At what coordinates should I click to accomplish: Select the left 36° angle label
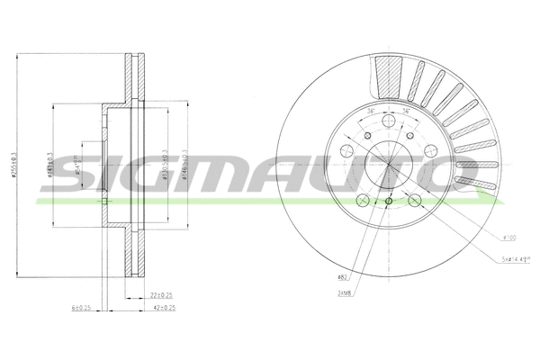click(x=371, y=112)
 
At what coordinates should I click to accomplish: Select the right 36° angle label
click(x=407, y=112)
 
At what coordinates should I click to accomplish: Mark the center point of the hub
click(x=389, y=164)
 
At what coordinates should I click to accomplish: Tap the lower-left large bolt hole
click(x=364, y=200)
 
